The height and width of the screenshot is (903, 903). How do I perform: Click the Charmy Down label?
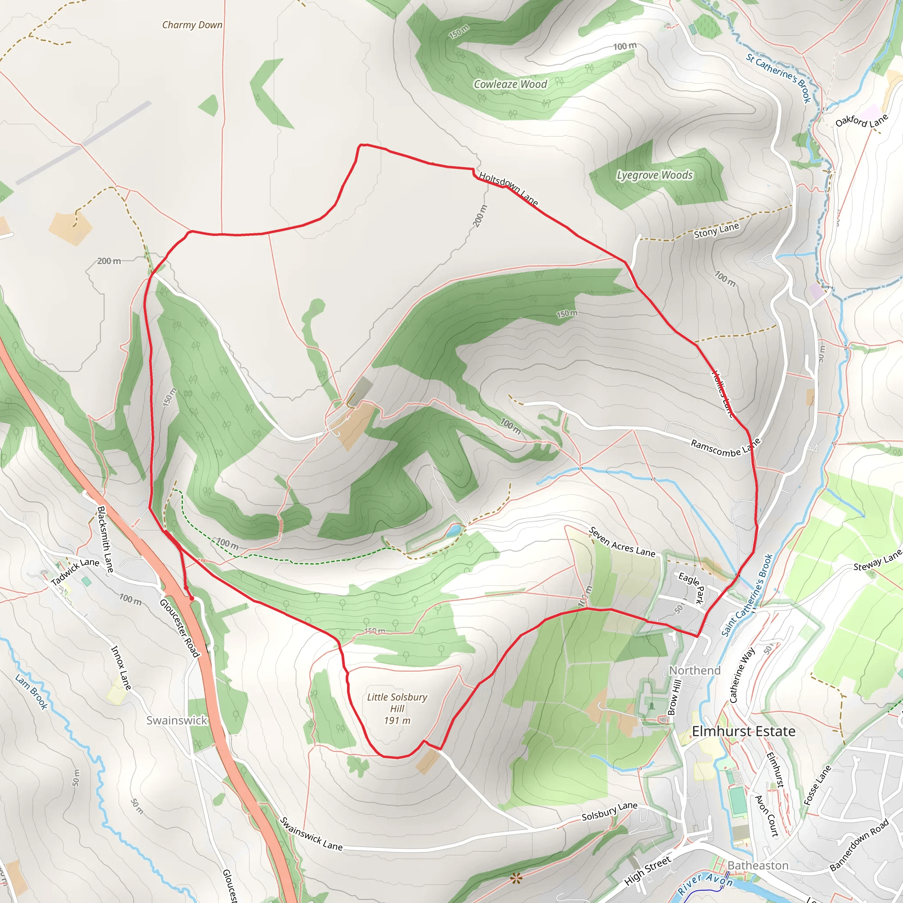(x=192, y=25)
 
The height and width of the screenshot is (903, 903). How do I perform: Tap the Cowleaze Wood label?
(x=510, y=84)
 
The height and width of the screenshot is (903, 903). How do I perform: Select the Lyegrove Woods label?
(x=654, y=175)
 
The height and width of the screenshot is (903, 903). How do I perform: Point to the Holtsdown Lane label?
(x=508, y=188)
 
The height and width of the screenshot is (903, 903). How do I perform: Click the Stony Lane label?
(x=716, y=231)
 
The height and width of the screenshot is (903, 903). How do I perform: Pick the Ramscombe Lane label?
(x=725, y=448)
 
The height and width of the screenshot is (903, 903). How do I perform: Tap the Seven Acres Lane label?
(x=622, y=542)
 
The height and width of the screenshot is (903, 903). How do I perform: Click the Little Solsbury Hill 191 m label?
(x=397, y=709)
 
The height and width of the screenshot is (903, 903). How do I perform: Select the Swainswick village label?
(x=176, y=720)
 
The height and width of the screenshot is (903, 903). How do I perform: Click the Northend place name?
(x=694, y=670)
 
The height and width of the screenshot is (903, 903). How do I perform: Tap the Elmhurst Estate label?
(x=743, y=731)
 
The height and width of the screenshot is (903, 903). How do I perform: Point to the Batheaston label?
(x=757, y=866)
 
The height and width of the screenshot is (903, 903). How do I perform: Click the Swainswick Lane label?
(x=311, y=834)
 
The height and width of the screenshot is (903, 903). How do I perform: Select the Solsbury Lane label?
(x=609, y=811)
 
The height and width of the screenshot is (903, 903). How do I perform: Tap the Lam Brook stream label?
(x=31, y=692)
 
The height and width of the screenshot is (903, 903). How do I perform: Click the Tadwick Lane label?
(x=75, y=571)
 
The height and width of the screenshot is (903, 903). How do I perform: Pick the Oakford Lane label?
(x=862, y=120)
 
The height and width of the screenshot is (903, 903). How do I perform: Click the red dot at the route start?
(x=192, y=598)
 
